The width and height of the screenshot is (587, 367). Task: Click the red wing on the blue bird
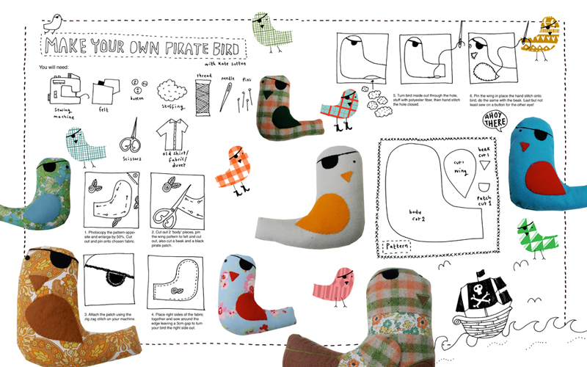544,177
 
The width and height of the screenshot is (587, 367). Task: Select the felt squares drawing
102,92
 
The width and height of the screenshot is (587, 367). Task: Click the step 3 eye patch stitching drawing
109,278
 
